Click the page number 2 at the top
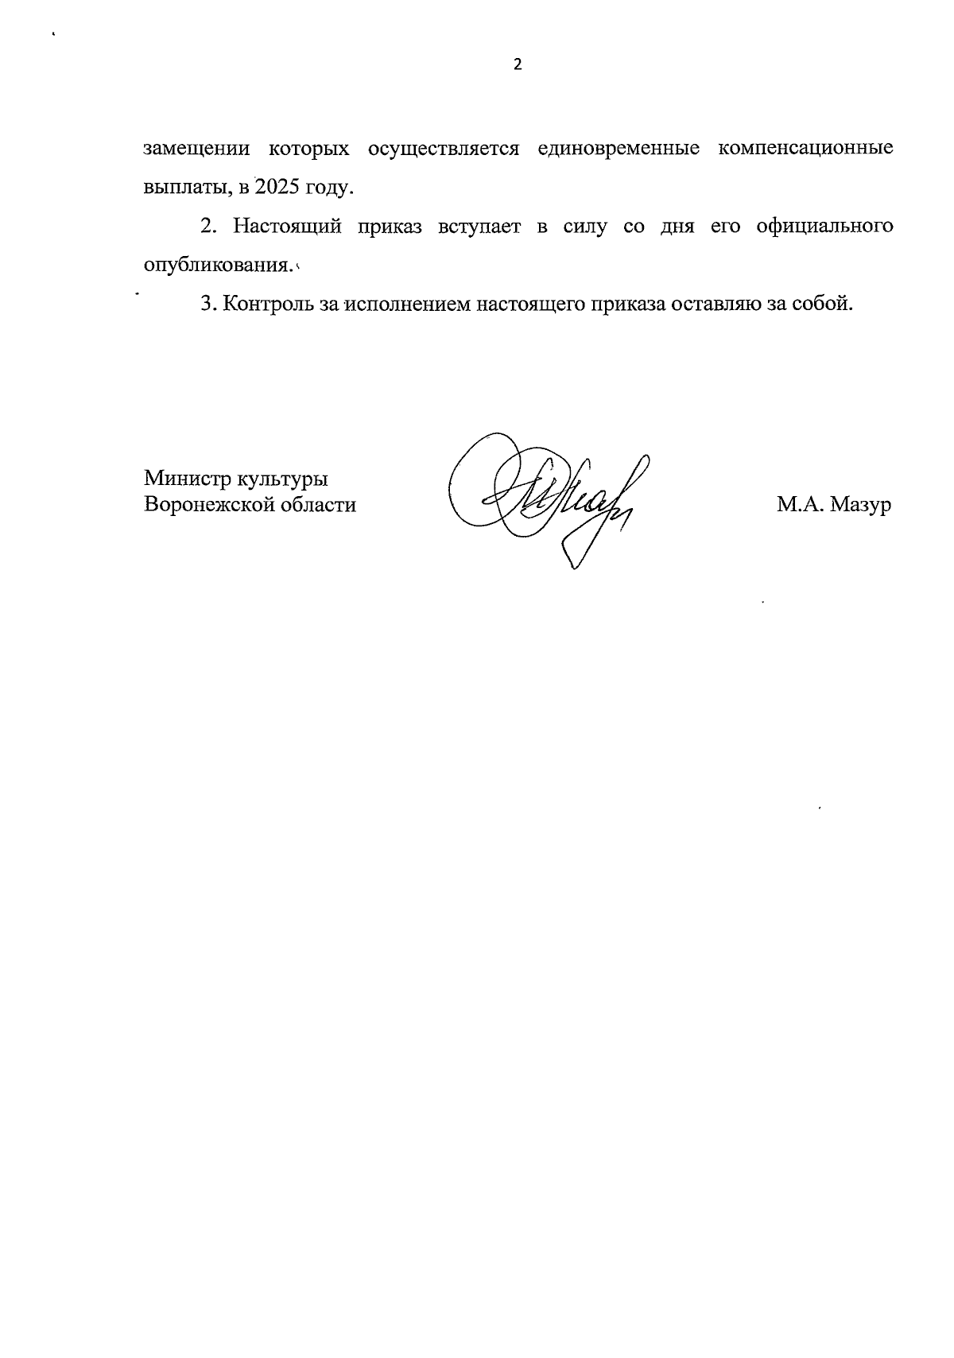coord(518,65)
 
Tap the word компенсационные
coord(805,149)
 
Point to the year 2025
coord(275,188)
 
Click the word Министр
coord(184,479)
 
